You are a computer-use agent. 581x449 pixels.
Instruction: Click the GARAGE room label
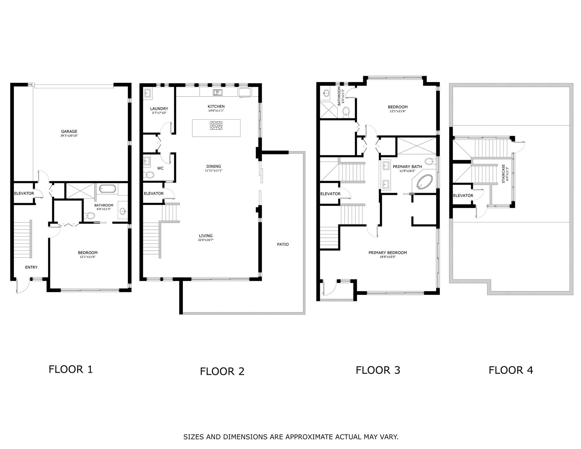tap(69, 132)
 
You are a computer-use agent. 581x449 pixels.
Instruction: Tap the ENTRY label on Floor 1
tap(31, 267)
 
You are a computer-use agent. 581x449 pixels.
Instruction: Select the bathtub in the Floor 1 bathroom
tap(108, 189)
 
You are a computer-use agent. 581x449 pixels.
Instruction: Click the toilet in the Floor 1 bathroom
tap(90, 216)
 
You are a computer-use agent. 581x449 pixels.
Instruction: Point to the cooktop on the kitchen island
tap(216, 125)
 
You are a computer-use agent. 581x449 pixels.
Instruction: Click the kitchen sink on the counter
tap(217, 92)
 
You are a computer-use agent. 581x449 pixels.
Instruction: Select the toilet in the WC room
tap(149, 175)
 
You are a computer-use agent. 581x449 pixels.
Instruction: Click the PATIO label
tap(283, 244)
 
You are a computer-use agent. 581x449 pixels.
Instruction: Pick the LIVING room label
tap(206, 236)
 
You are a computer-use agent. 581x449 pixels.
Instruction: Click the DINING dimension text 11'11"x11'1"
tap(214, 170)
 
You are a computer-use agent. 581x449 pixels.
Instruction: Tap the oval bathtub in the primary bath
tap(425, 182)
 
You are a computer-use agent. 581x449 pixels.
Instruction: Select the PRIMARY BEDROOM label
tap(388, 253)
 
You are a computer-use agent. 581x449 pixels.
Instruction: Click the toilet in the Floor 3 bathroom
tap(346, 111)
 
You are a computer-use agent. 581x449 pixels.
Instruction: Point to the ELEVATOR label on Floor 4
tap(463, 196)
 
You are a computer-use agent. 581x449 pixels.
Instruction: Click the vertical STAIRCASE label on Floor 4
tap(503, 174)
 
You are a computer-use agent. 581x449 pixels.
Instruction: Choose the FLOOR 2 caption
tap(222, 371)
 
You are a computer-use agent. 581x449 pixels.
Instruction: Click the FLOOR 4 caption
tap(511, 370)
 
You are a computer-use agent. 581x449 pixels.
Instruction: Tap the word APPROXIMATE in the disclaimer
tap(309, 437)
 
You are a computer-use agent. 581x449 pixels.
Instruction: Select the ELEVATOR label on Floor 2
tap(154, 194)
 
